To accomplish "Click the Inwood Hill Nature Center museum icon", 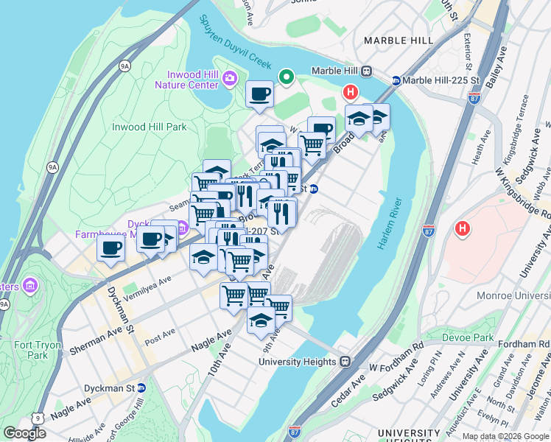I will tap(230, 78).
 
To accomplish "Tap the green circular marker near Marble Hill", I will tap(286, 77).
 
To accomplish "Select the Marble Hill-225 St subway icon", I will tap(396, 80).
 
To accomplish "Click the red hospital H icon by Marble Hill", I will tap(351, 93).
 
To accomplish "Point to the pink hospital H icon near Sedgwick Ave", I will tap(462, 229).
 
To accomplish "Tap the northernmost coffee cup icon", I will tap(259, 94).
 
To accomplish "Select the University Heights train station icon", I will tap(344, 362).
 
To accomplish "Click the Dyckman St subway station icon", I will tap(141, 387).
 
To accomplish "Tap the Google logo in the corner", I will tap(24, 433).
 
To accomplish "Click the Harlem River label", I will tap(390, 224).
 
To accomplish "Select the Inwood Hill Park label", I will tap(149, 127).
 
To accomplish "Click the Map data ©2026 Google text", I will tap(505, 435).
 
